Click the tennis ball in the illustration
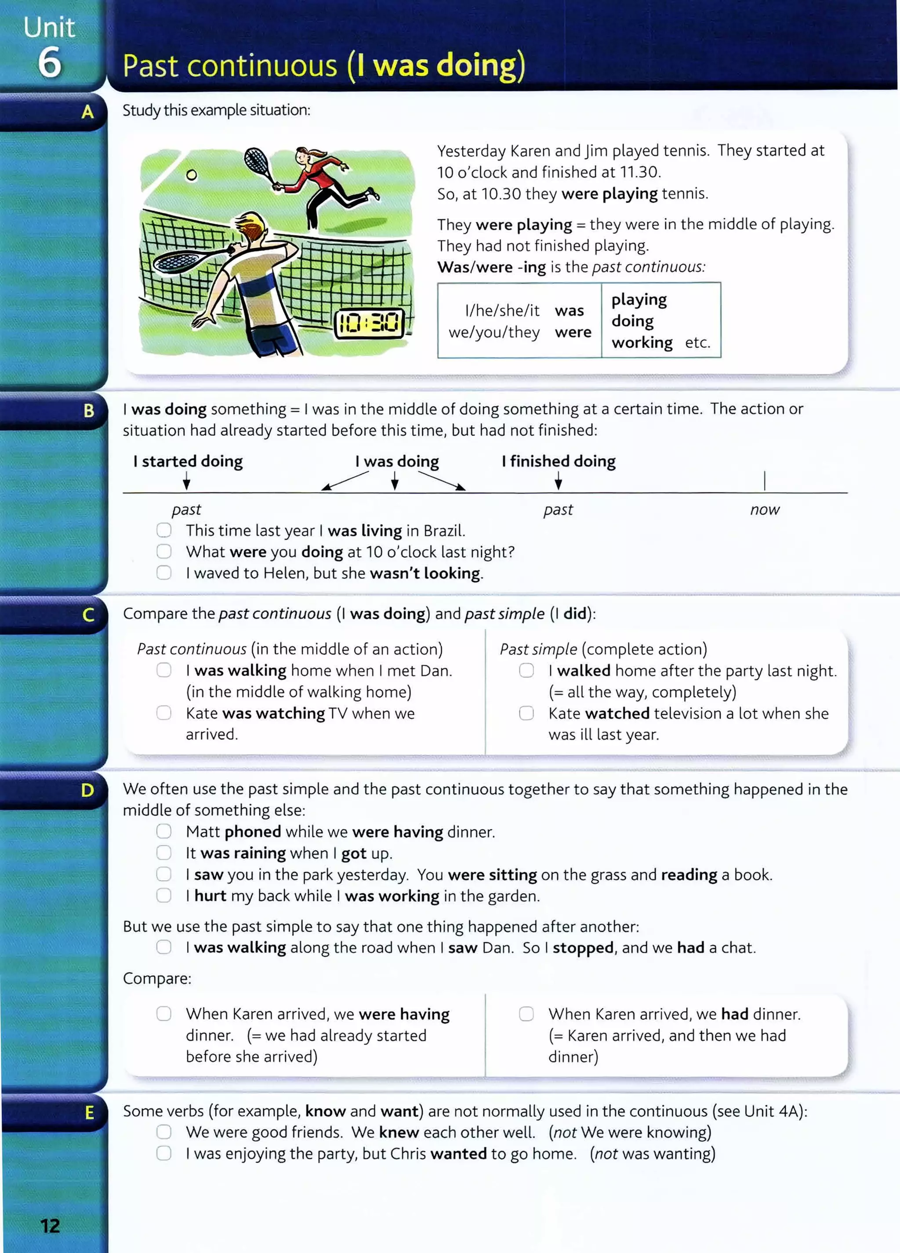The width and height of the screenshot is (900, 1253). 191,175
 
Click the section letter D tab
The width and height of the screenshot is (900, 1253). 87,790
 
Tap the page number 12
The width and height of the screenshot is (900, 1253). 50,1226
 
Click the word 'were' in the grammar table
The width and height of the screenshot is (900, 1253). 573,333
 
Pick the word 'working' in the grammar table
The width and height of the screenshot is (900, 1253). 642,343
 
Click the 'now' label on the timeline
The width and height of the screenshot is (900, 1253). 765,509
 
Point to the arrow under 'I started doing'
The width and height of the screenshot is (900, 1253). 187,482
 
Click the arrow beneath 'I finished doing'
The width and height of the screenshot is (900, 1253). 559,482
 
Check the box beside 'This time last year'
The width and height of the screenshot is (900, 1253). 163,530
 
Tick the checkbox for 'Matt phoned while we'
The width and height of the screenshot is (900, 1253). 163,832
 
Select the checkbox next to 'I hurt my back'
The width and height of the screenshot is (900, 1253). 163,895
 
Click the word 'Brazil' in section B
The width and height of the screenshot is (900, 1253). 444,531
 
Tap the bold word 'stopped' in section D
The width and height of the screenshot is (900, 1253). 583,948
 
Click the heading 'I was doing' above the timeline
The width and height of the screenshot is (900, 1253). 397,461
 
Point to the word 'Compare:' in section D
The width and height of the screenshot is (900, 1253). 157,978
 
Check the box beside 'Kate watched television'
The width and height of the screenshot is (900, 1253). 526,713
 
